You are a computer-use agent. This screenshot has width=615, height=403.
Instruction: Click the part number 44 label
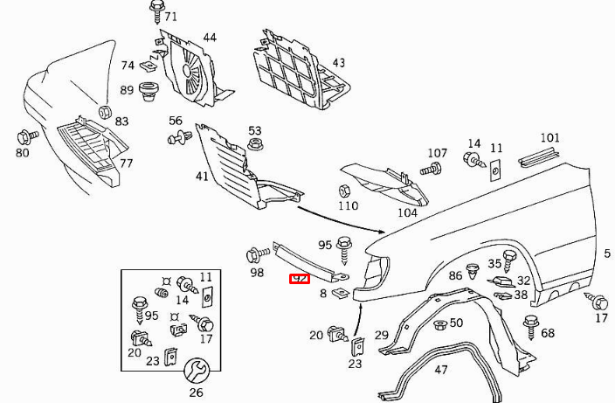210,38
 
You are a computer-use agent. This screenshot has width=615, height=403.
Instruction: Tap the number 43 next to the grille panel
338,63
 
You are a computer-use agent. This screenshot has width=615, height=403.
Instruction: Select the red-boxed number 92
300,279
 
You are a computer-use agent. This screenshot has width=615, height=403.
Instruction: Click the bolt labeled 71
156,11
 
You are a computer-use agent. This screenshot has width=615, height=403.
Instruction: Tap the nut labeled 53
255,146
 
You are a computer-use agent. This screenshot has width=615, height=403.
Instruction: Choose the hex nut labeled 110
343,191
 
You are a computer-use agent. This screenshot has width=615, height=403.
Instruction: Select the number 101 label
549,138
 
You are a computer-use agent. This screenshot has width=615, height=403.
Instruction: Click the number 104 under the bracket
407,212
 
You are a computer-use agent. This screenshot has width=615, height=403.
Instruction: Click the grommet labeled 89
149,89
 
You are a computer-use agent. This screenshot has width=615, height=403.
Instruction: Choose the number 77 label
126,163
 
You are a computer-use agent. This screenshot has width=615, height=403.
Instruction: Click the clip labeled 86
473,269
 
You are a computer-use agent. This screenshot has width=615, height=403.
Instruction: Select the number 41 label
202,176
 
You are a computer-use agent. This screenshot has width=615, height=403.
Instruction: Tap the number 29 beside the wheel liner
382,335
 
